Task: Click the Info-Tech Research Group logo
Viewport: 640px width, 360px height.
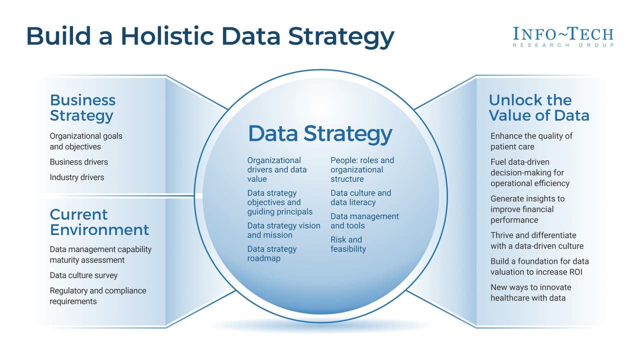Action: (563, 37)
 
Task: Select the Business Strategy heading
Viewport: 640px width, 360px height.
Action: (82, 107)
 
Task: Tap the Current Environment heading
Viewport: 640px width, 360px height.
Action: (99, 222)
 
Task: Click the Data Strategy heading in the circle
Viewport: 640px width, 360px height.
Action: (320, 133)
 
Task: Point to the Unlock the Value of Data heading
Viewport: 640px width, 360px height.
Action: (538, 107)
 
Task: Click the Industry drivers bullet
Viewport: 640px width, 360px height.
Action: (77, 177)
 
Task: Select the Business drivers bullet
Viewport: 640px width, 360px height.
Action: (78, 162)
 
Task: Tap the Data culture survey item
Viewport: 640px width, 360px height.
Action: (83, 275)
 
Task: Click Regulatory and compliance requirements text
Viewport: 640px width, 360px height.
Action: (97, 296)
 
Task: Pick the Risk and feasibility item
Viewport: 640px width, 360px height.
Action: (348, 244)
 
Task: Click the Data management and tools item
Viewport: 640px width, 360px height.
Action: (364, 220)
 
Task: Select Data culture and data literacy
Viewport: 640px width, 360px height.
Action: (360, 197)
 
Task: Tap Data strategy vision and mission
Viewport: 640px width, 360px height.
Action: (283, 230)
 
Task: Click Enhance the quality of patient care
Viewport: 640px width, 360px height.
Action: (531, 141)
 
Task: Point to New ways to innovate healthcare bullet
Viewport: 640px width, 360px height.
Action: (530, 292)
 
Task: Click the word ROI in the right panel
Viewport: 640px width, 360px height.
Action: (574, 272)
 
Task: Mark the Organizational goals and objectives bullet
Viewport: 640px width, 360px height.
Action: (85, 141)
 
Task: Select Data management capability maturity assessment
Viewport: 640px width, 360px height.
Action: (100, 254)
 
